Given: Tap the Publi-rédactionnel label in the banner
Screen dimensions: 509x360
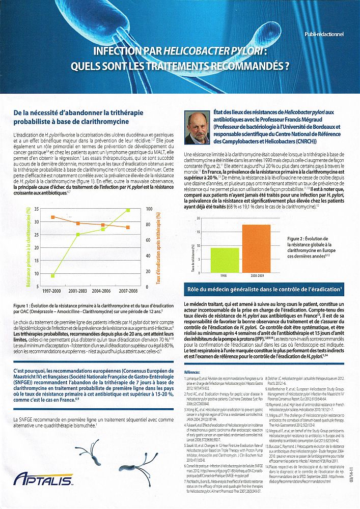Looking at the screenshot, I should (324, 35).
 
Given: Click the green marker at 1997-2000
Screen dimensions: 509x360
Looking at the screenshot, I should (53, 276).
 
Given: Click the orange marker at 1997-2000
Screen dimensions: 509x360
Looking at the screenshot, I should (53, 217).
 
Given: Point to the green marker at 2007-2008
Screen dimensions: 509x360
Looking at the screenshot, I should (128, 210).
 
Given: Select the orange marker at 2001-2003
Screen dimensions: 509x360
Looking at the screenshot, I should (78, 223).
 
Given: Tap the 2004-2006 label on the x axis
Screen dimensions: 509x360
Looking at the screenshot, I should (102, 291).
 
